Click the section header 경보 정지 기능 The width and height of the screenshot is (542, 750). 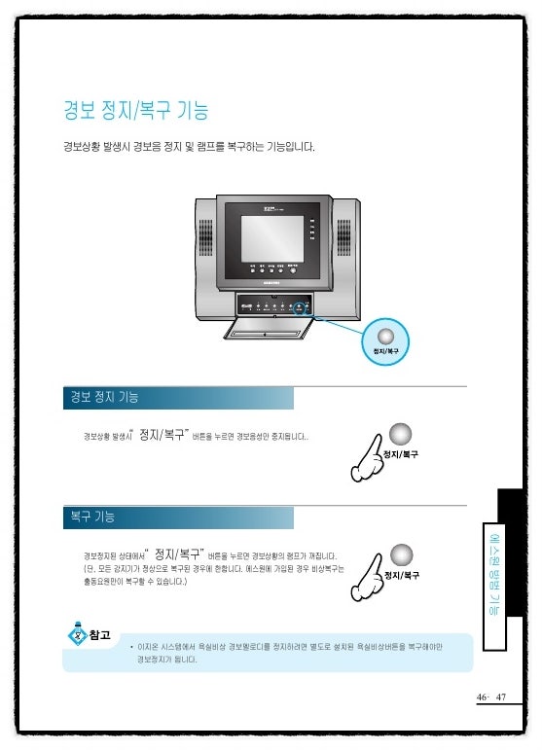coord(103,397)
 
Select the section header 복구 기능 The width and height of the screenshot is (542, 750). coord(91,517)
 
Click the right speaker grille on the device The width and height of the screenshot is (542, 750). coord(343,233)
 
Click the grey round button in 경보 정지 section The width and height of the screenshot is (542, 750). coord(400,434)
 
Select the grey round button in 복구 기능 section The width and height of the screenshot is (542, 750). coord(400,554)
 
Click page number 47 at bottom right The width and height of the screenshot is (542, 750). coord(502,697)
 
